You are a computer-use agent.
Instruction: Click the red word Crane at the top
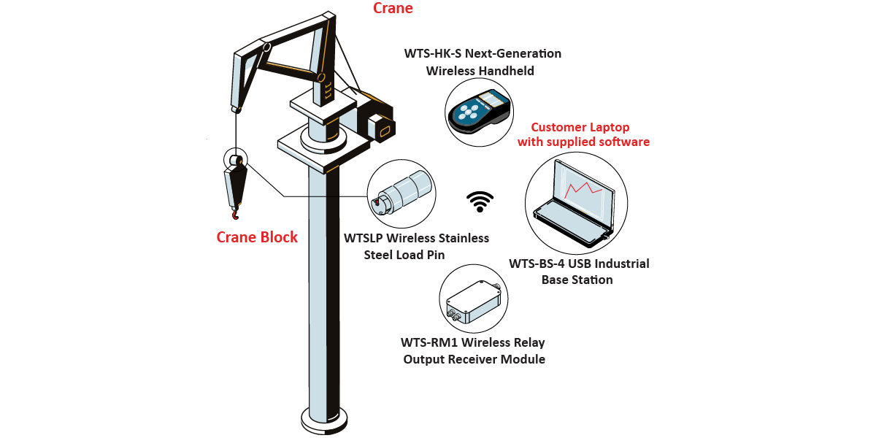[393, 9]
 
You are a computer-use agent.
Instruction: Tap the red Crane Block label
[257, 237]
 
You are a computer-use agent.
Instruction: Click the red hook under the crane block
[235, 212]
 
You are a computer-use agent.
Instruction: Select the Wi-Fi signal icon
[480, 201]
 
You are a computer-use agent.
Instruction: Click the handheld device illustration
[477, 112]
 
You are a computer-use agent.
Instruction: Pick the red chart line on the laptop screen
[583, 189]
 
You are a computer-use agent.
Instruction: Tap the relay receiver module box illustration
[474, 300]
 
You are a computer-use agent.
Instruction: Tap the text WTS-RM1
[431, 342]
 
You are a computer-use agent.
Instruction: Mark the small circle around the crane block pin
[237, 160]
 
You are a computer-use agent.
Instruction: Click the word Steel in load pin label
[381, 255]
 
